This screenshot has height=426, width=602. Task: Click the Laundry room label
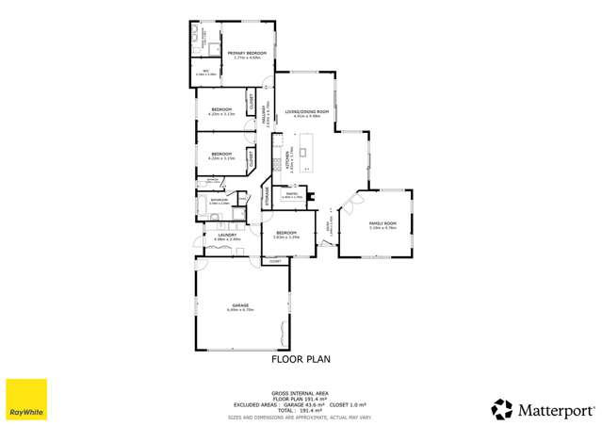tap(221, 238)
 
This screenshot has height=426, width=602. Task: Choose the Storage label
tap(267, 194)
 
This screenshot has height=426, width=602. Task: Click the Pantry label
tap(292, 196)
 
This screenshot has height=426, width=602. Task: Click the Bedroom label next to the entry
tap(285, 235)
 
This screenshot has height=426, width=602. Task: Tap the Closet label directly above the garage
tap(275, 261)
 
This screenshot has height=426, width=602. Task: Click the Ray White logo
tap(26, 400)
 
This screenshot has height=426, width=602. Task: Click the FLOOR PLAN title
tap(301, 358)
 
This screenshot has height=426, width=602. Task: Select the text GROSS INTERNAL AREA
tap(301, 391)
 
